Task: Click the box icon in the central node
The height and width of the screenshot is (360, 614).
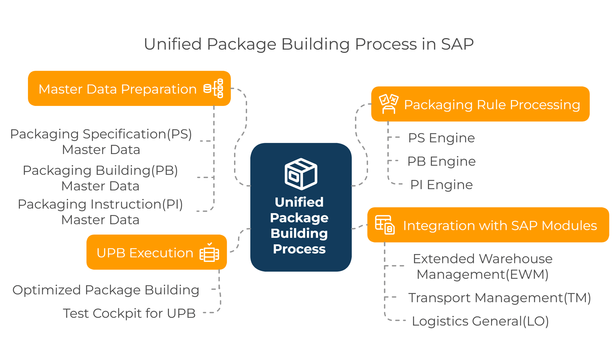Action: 300,174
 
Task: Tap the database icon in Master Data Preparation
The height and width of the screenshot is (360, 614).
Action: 213,89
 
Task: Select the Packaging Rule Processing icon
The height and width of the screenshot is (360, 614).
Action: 388,104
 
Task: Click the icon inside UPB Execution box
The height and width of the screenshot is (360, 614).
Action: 209,253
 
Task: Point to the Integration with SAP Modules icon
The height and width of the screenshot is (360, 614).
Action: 385,225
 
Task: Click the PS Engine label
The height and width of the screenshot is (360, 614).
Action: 441,138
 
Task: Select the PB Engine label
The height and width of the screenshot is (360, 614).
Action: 441,161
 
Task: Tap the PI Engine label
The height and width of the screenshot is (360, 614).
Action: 441,185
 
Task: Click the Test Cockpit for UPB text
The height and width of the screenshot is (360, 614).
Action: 129,313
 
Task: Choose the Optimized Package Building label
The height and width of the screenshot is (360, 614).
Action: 106,290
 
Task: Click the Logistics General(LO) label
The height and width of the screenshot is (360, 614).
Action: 480,321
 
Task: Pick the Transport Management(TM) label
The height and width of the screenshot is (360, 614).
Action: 499,298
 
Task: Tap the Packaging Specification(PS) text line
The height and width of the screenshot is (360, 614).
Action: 101,134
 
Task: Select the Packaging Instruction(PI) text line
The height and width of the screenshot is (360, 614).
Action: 100,204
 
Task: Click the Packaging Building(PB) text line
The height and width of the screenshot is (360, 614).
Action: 100,171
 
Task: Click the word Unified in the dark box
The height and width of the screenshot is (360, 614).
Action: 299,202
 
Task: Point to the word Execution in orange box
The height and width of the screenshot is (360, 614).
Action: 161,253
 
